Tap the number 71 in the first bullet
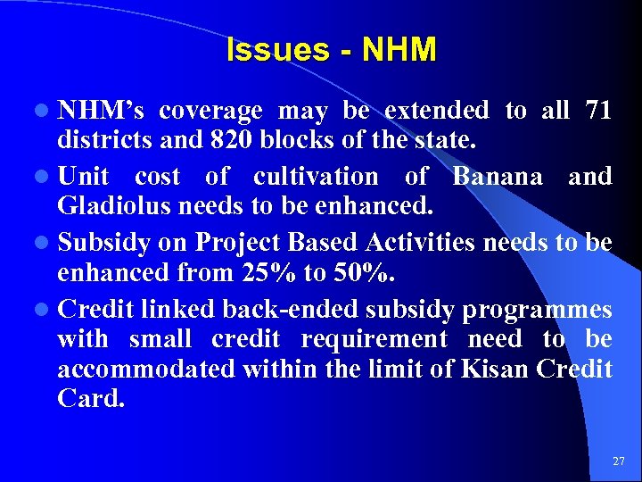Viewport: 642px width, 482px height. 597,111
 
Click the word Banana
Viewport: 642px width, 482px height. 498,177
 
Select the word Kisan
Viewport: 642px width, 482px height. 496,369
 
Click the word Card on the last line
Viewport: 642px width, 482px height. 90,398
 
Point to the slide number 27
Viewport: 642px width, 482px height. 619,461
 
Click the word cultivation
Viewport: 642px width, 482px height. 316,177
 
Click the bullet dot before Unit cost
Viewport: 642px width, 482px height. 44,177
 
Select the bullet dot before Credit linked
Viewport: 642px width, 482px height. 44,310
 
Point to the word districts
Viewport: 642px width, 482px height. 100,141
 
